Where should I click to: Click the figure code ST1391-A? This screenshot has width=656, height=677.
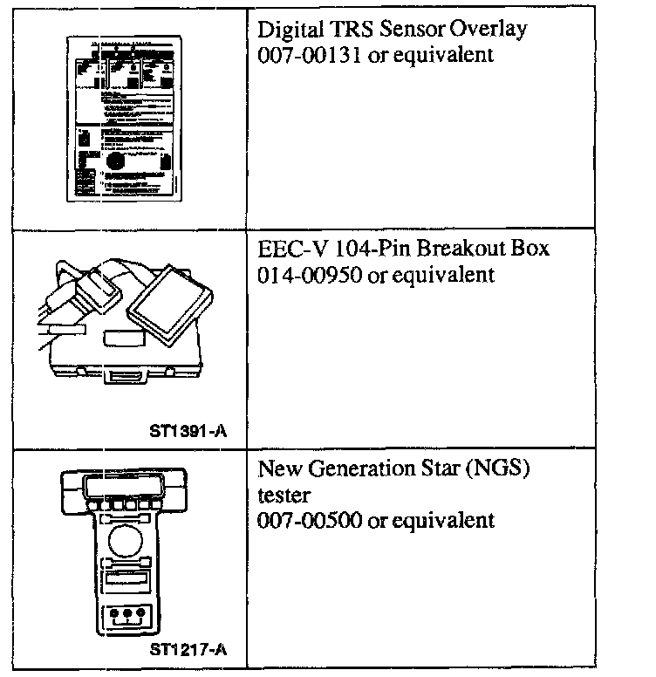[197, 428]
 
